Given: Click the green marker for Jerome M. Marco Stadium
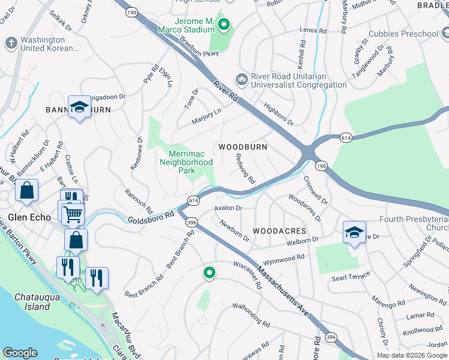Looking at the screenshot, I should [224, 25].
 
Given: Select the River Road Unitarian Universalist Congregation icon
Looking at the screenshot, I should [241, 79].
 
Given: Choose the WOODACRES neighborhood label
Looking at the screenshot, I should [279, 231].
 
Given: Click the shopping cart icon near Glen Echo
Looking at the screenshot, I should [73, 212].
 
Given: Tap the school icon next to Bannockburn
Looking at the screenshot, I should [79, 107].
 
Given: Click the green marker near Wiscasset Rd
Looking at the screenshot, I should [209, 273].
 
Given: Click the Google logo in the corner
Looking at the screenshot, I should [20, 352].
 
